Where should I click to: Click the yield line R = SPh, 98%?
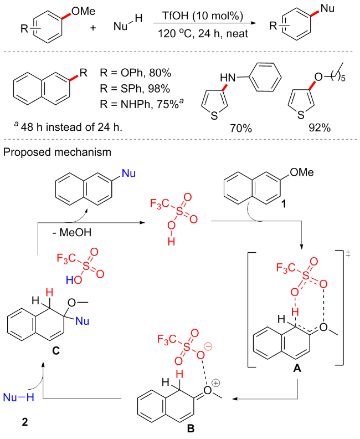135,88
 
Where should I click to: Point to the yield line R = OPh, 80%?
135,73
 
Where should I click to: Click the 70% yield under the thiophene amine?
242,128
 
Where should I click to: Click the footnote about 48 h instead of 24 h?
66,128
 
